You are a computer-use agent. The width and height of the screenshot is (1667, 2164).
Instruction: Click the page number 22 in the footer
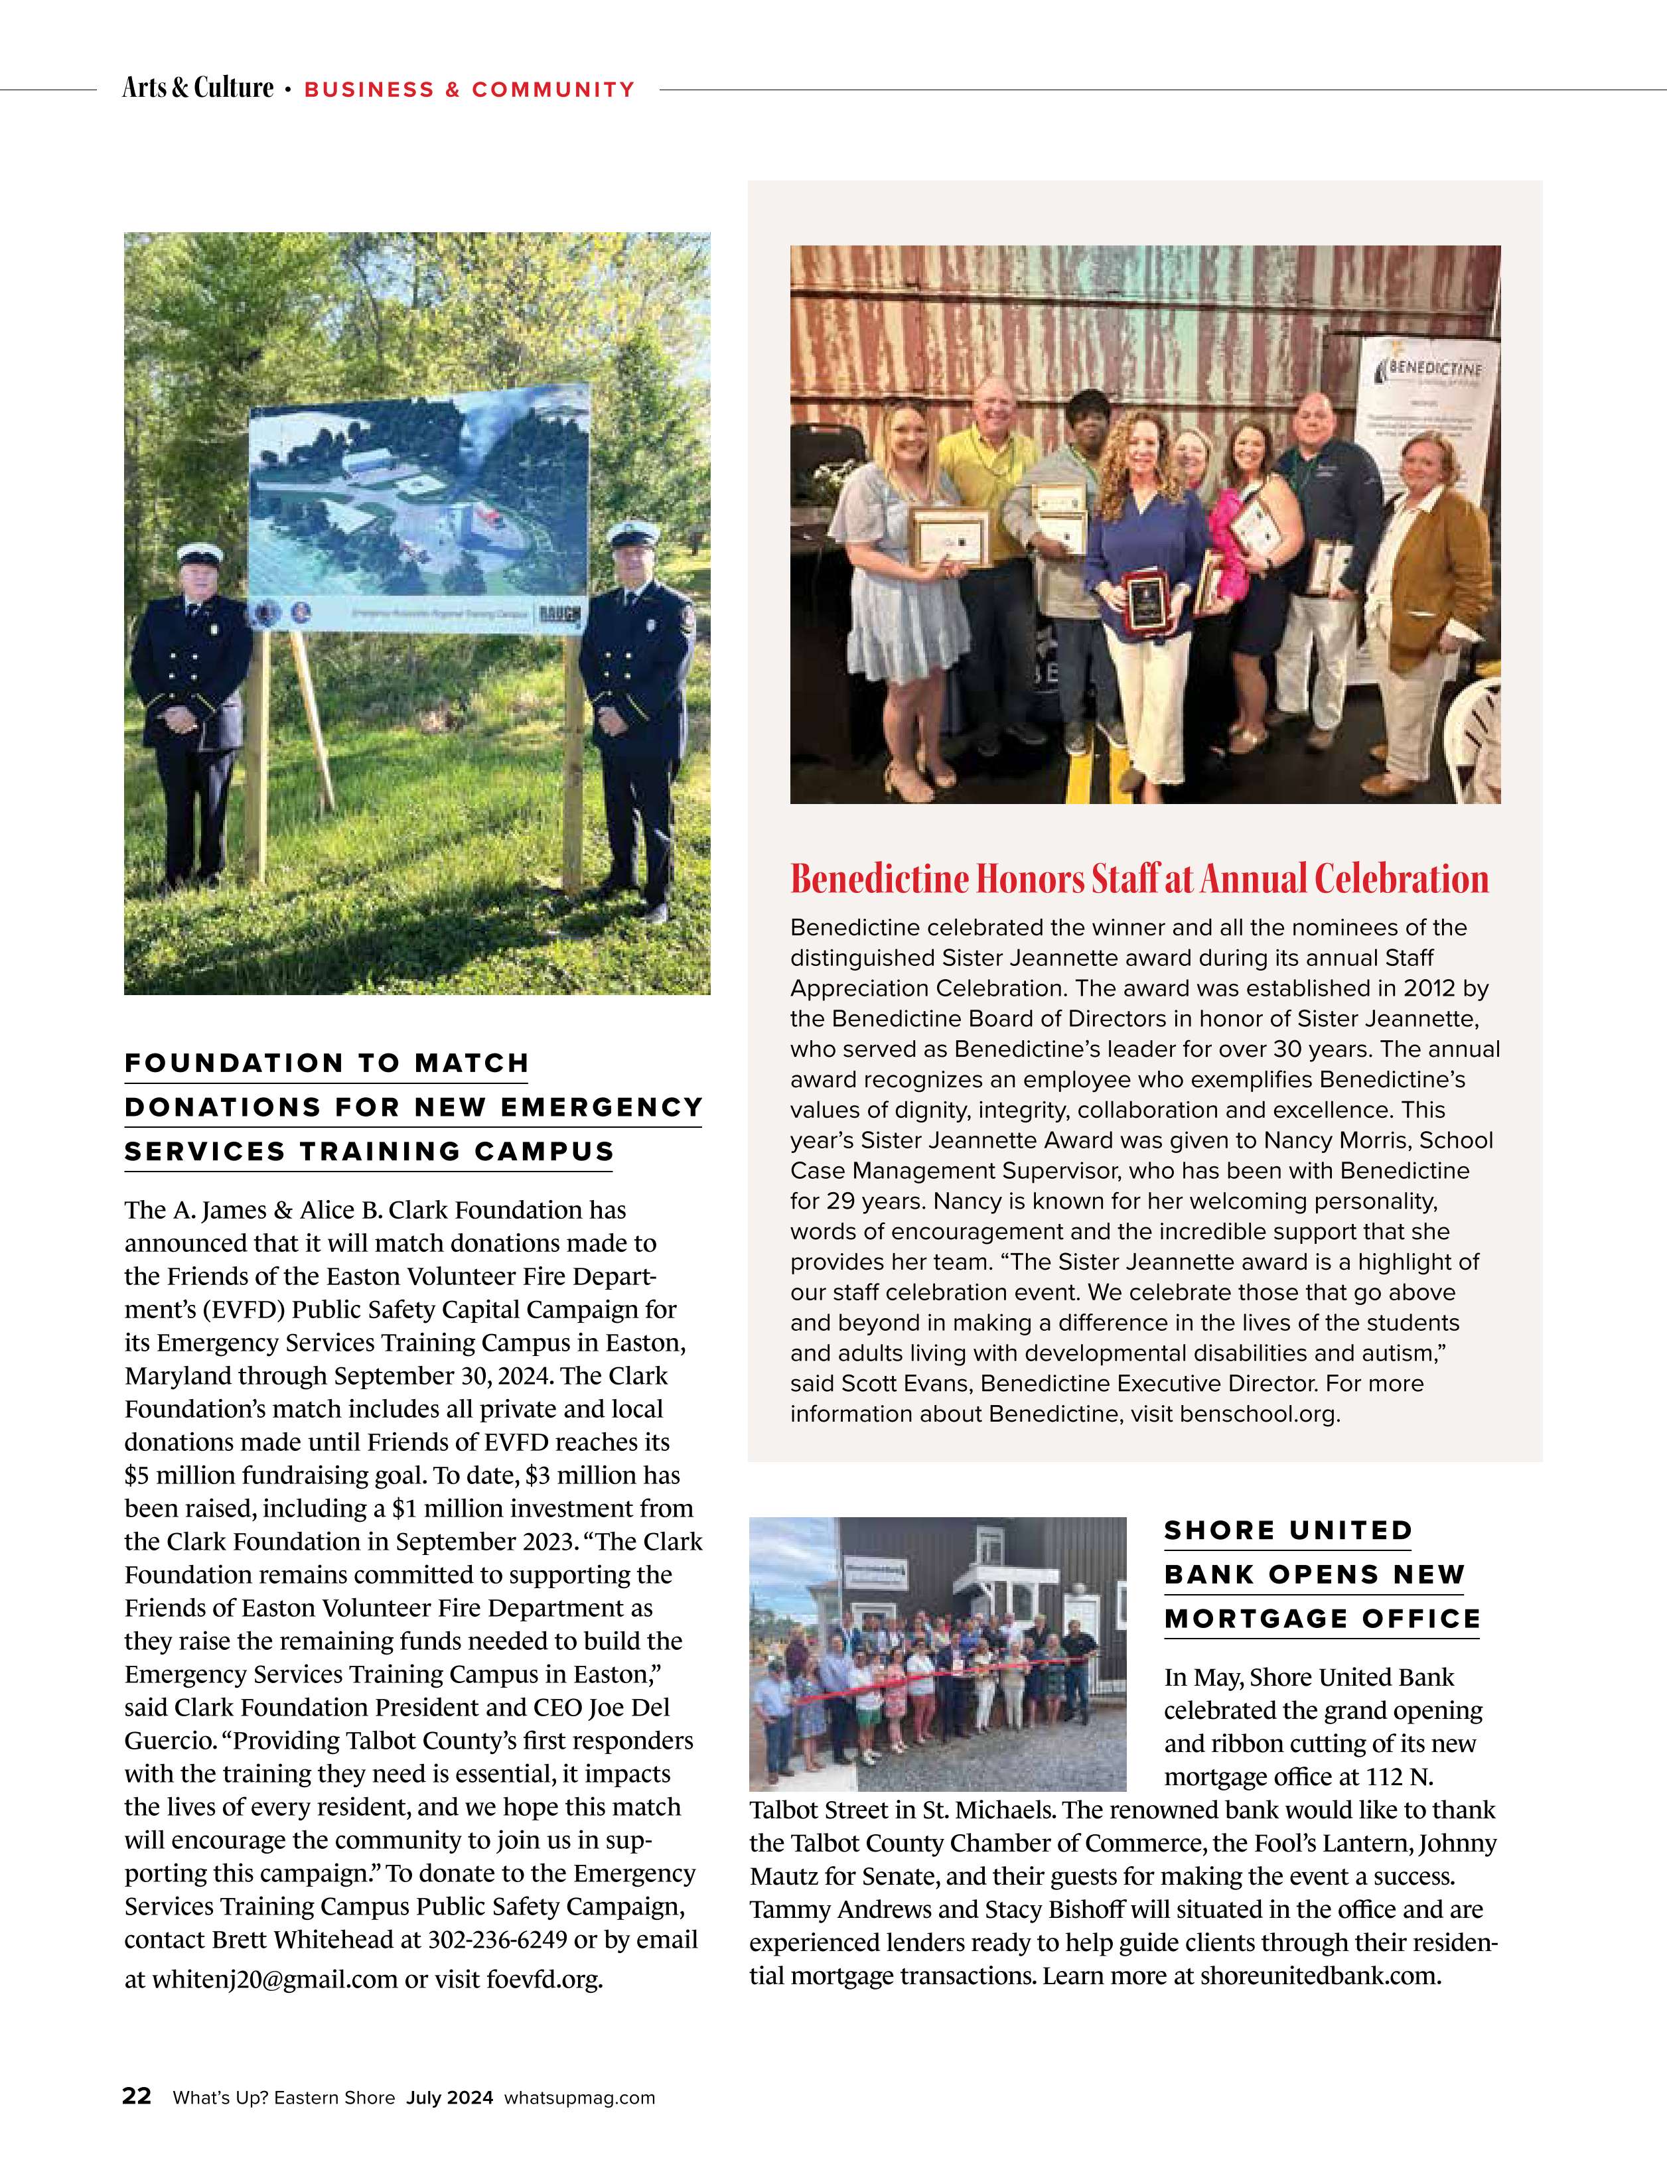(x=137, y=2096)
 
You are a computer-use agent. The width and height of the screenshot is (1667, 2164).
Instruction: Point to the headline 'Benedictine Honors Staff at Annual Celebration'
(x=1139, y=879)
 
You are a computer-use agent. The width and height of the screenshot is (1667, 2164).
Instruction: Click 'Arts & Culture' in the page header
(x=197, y=88)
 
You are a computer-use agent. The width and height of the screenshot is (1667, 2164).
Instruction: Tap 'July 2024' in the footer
(x=449, y=2098)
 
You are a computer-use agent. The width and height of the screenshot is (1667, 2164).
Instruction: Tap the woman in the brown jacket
(x=1433, y=594)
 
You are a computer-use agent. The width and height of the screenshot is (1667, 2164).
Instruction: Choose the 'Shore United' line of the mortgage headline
(x=1287, y=1531)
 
